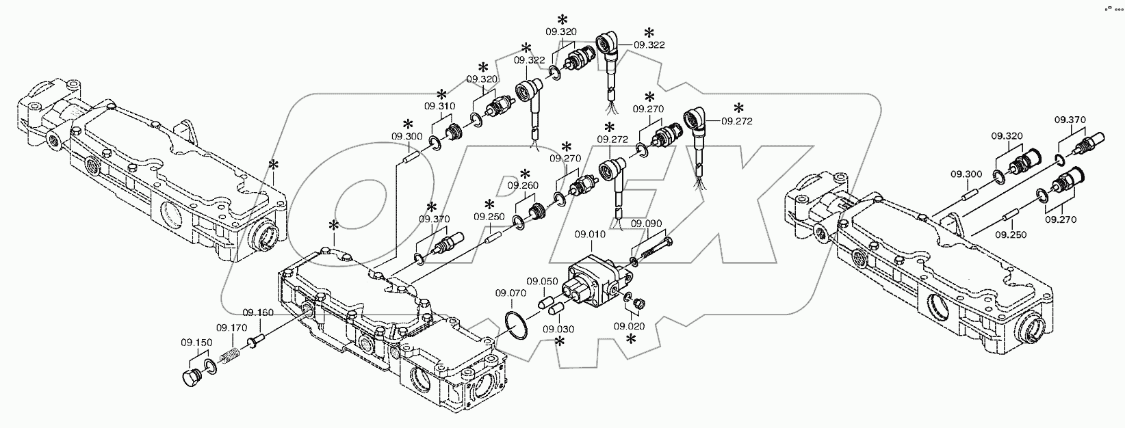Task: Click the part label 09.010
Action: [590, 234]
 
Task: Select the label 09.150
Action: [196, 342]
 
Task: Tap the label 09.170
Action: [232, 327]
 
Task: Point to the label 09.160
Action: [257, 312]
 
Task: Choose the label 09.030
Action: [559, 329]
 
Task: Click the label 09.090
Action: [645, 223]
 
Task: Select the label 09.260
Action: [523, 185]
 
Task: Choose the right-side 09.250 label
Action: [1011, 235]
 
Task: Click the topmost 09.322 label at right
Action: [649, 44]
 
